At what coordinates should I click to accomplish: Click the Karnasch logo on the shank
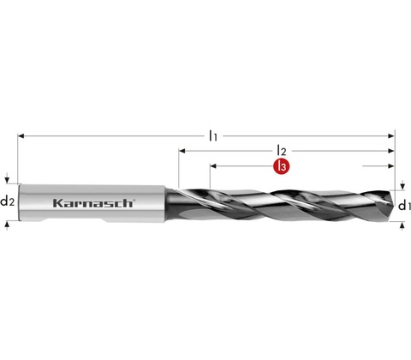click(x=93, y=203)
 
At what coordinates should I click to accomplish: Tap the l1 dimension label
click(x=213, y=135)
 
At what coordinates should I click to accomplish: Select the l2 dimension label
click(x=282, y=150)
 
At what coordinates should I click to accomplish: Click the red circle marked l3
click(x=282, y=166)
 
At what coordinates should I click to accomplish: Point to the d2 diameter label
click(x=7, y=201)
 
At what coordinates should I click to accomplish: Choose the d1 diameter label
click(x=404, y=205)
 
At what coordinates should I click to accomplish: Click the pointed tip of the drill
click(x=394, y=205)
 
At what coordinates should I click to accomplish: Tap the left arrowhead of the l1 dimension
click(x=21, y=136)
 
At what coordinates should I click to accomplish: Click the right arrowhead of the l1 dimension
click(x=391, y=136)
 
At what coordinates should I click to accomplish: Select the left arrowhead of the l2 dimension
click(x=182, y=151)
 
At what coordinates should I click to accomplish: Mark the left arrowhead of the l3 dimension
click(x=213, y=166)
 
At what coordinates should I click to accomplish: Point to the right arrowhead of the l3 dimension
click(x=391, y=166)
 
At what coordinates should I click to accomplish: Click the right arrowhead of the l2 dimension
click(x=391, y=151)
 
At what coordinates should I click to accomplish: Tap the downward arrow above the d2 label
click(x=8, y=180)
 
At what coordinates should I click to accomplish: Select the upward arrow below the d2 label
click(x=8, y=225)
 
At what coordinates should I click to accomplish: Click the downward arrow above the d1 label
click(x=402, y=185)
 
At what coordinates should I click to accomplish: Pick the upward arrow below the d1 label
click(x=402, y=225)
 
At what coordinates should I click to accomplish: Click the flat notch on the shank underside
click(x=74, y=220)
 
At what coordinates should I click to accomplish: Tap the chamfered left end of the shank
click(x=20, y=202)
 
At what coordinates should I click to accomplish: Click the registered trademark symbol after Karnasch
click(x=134, y=201)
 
